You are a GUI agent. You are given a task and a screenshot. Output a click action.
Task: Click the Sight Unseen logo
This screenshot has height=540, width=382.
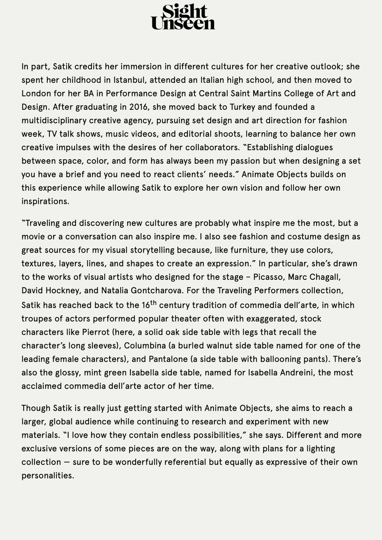point(183,17)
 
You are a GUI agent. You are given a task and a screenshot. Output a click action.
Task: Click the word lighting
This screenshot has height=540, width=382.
point(319,448)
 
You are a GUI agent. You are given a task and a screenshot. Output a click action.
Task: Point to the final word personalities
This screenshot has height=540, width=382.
point(47,475)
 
